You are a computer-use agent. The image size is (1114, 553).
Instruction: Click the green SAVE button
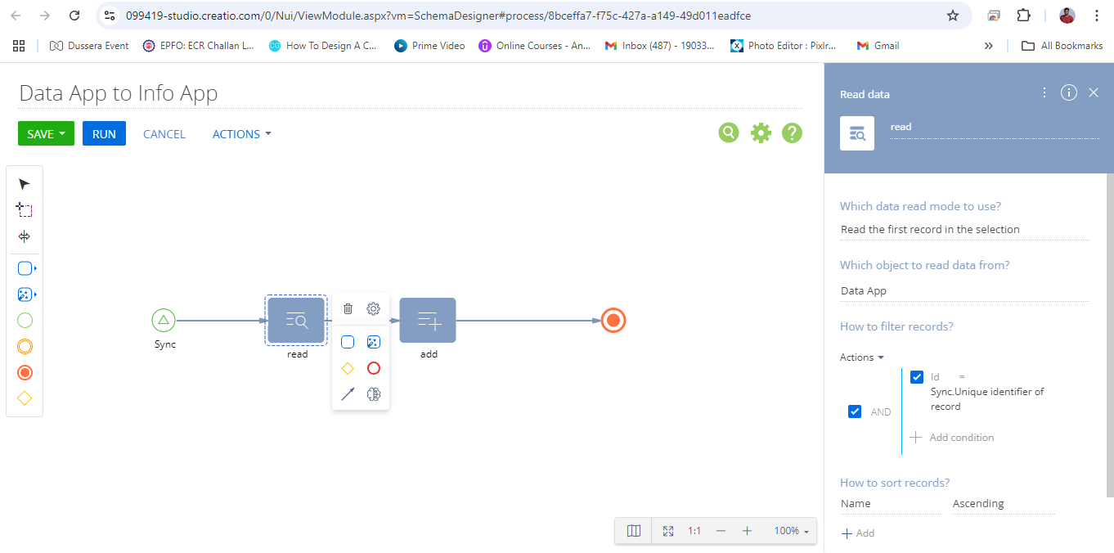46,134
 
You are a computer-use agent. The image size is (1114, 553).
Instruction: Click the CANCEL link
164,134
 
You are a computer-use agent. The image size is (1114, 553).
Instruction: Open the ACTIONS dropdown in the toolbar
242,134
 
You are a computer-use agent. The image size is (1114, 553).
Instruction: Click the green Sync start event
164,320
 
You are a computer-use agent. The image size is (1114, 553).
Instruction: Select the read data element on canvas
296,320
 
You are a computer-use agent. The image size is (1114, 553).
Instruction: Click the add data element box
428,320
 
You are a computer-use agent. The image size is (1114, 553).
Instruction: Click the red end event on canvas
613,321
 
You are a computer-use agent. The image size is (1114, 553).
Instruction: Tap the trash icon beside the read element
348,309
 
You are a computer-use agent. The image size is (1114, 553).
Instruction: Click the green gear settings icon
761,133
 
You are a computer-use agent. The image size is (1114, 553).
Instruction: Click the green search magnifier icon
729,133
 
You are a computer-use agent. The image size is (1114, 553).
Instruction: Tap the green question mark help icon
792,133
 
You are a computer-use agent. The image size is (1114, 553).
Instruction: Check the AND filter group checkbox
855,411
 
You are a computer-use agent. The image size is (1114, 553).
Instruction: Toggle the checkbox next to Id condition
917,377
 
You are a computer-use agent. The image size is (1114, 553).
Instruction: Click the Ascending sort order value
978,504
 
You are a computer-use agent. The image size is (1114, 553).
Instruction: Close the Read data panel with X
1093,92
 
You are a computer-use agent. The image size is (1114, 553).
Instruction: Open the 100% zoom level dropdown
791,531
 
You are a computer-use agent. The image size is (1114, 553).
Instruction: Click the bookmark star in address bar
952,16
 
